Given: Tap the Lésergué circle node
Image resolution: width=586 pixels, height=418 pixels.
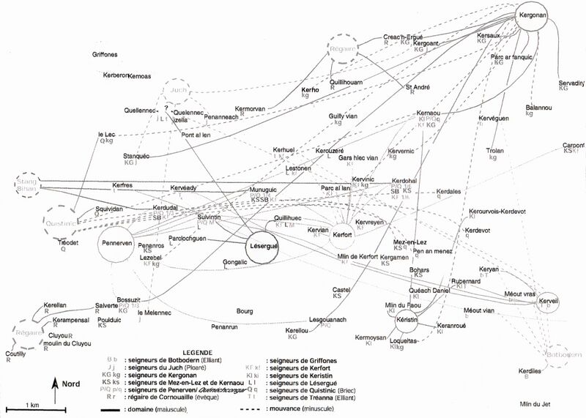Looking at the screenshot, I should coord(261,245).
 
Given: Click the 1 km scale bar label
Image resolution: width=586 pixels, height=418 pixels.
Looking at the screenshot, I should coord(31,405).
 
